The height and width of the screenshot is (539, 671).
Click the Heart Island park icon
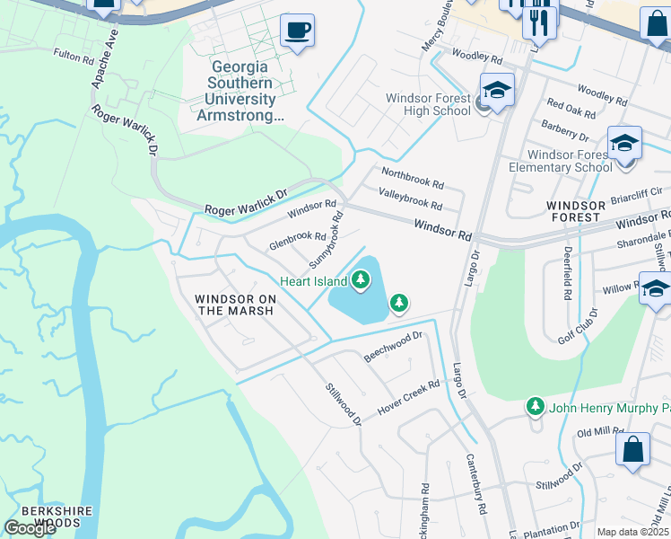[361, 280]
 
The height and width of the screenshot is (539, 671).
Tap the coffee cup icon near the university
[297, 31]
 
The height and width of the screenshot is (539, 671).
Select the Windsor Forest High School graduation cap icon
[496, 91]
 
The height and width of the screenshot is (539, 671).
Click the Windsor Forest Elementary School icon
[624, 144]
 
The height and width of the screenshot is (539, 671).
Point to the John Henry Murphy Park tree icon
[536, 407]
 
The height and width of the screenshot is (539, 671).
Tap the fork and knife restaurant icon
[540, 22]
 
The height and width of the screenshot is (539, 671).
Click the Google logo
[30, 527]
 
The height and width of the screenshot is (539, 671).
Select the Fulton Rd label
[74, 55]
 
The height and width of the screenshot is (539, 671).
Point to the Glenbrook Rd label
[298, 241]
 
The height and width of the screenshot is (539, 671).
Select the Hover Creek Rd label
[408, 394]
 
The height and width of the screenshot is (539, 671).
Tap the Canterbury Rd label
[475, 483]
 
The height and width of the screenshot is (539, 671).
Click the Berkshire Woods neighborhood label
[57, 517]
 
